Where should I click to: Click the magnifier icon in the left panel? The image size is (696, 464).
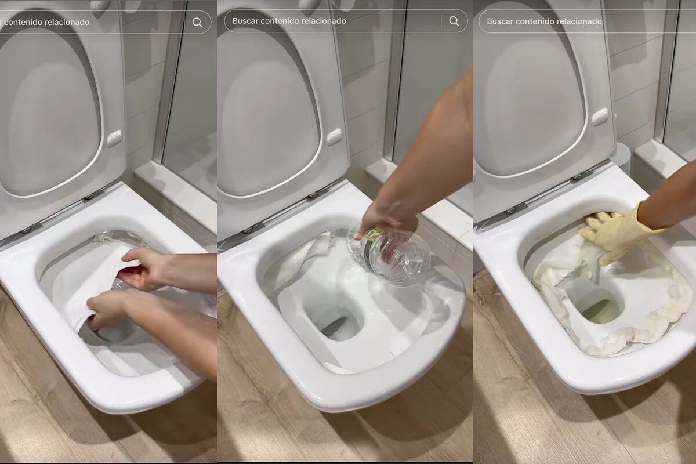pyautogui.click(x=197, y=23)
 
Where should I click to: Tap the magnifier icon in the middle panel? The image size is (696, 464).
pyautogui.click(x=454, y=21)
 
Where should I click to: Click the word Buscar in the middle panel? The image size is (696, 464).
pyautogui.click(x=245, y=21)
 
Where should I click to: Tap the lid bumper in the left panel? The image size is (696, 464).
pyautogui.click(x=114, y=139)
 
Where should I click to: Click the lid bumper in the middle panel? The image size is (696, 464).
pyautogui.click(x=334, y=137)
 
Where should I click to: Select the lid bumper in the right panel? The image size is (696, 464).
pyautogui.click(x=600, y=117)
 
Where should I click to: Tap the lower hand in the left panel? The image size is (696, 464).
pyautogui.click(x=109, y=311)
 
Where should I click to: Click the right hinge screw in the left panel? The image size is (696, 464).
pyautogui.click(x=90, y=197)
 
